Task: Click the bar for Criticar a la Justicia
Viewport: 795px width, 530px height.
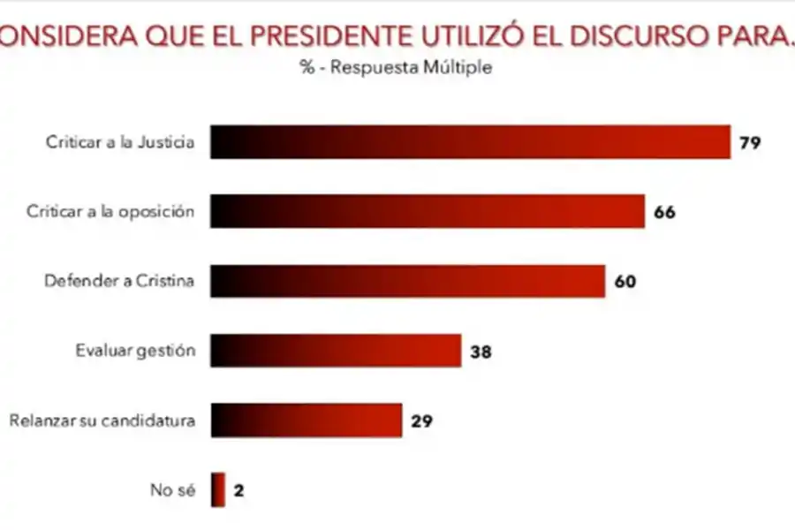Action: pyautogui.click(x=470, y=142)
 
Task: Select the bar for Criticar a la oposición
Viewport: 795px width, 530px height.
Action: pyautogui.click(x=428, y=212)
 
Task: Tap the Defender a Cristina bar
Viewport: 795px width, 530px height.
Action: pyautogui.click(x=407, y=281)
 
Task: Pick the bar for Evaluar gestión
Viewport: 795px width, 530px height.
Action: pyautogui.click(x=336, y=351)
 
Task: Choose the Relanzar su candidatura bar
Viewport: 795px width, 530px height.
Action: pyautogui.click(x=307, y=420)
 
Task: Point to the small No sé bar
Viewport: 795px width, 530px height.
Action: pyautogui.click(x=218, y=490)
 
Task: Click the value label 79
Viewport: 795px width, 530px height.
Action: pyautogui.click(x=750, y=143)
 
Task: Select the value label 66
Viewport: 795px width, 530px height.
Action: pyautogui.click(x=665, y=213)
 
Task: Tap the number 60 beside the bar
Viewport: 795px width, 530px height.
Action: pyautogui.click(x=625, y=282)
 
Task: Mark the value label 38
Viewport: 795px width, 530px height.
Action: pyautogui.click(x=481, y=352)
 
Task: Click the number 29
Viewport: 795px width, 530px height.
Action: pyautogui.click(x=420, y=421)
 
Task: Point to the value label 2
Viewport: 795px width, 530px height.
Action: pyautogui.click(x=238, y=491)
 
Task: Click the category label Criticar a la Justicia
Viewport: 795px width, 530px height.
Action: pyautogui.click(x=119, y=142)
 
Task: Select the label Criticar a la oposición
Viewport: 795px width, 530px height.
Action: pyautogui.click(x=110, y=212)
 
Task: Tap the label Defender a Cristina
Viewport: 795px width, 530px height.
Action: pyautogui.click(x=118, y=281)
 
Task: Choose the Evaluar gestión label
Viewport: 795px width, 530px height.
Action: pyautogui.click(x=134, y=351)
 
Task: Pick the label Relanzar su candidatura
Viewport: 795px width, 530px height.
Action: pyautogui.click(x=102, y=420)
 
